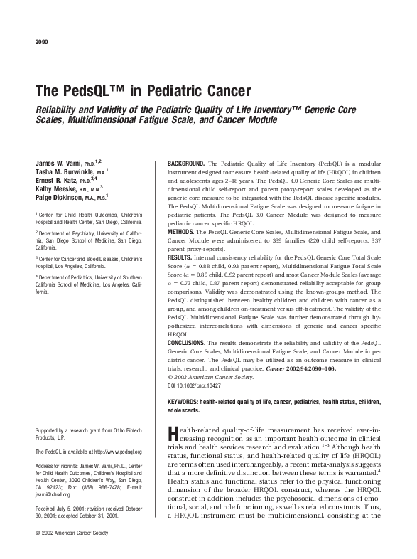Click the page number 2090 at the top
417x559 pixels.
(40, 41)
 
